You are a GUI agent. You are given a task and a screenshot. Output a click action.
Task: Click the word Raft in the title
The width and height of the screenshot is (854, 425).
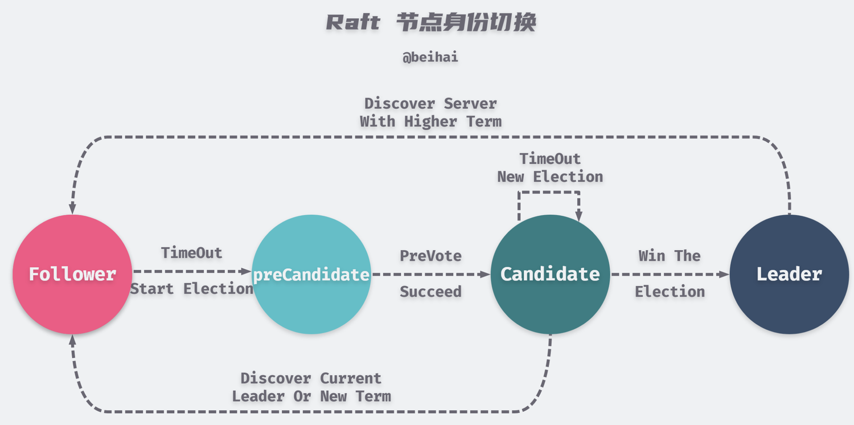pos(353,23)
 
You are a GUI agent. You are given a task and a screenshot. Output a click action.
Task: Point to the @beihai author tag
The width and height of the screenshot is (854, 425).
pos(430,58)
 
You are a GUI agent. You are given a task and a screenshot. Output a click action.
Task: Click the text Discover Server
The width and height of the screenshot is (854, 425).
pos(430,104)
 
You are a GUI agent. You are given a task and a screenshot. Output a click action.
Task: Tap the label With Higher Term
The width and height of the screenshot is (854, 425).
pos(430,121)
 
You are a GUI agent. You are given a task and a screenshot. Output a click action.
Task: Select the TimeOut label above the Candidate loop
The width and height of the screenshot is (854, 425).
pos(550,158)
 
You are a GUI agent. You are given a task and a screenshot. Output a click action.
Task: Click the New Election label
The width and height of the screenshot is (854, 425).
pos(550,177)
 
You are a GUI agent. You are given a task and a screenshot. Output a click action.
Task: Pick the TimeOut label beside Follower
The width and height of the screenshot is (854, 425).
pos(191,252)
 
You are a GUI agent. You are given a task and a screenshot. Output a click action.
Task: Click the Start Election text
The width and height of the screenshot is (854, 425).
pos(191,289)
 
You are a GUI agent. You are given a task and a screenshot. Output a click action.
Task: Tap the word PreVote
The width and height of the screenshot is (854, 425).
pos(430,256)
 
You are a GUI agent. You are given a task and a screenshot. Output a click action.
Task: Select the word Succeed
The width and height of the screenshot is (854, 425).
pos(430,292)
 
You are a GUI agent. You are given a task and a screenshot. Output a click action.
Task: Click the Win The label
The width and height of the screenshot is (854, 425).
pos(670,256)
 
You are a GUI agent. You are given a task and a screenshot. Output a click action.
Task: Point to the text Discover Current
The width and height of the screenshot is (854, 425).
pos(311,378)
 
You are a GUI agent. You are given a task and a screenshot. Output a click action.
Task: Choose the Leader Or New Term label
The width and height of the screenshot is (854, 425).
pos(311,397)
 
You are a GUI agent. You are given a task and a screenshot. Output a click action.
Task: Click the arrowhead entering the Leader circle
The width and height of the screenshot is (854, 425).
pos(725,274)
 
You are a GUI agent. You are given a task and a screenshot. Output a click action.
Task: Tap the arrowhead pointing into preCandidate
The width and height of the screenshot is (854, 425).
pos(247,272)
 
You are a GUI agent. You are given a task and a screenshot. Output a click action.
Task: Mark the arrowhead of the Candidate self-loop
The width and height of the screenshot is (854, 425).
pos(579,216)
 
